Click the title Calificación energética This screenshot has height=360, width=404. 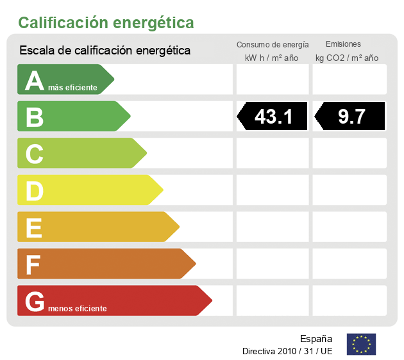pyautogui.click(x=106, y=23)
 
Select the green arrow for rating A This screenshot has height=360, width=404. pyautogui.click(x=64, y=79)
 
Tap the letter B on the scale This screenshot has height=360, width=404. pyautogui.click(x=35, y=117)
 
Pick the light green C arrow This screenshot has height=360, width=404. pyautogui.click(x=80, y=153)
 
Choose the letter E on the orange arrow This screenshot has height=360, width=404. pyautogui.click(x=35, y=227)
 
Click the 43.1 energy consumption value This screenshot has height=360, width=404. pyautogui.click(x=273, y=117)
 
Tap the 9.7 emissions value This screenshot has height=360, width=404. pyautogui.click(x=351, y=117)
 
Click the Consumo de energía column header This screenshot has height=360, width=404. pyautogui.click(x=273, y=45)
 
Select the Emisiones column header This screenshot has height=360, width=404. pyautogui.click(x=343, y=44)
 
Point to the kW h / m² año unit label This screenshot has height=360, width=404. pyautogui.click(x=272, y=58)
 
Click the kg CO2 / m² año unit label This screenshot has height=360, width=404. pyautogui.click(x=347, y=58)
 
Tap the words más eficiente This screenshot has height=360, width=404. pyautogui.click(x=72, y=88)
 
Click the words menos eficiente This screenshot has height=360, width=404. pyautogui.click(x=78, y=309)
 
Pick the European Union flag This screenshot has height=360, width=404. pyautogui.click(x=361, y=344)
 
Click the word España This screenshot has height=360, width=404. pyautogui.click(x=316, y=338)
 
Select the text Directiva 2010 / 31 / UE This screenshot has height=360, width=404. pyautogui.click(x=287, y=351)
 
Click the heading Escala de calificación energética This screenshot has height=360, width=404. pyautogui.click(x=105, y=50)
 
